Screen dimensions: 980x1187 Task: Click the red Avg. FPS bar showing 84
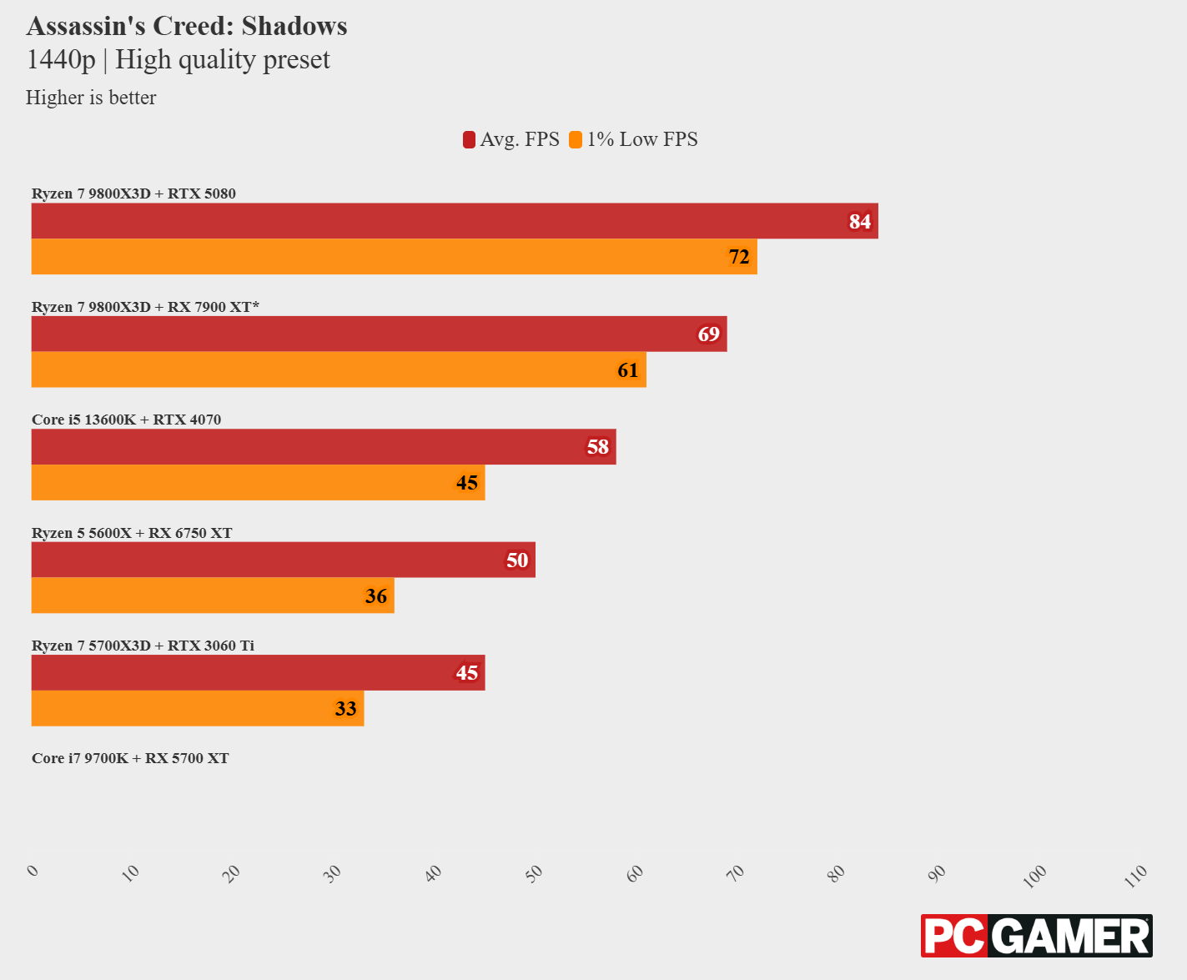(455, 221)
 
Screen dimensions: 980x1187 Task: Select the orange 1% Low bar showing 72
(394, 257)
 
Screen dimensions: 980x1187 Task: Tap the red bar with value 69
(379, 334)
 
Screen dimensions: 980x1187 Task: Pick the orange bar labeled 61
(339, 369)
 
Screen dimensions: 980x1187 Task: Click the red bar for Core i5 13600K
(324, 447)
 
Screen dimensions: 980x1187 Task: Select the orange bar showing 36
(213, 596)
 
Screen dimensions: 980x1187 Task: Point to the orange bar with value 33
(198, 708)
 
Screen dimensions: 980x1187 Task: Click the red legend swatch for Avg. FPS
(470, 139)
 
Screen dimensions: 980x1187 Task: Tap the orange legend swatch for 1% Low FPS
(576, 139)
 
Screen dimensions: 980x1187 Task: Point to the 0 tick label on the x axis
(33, 871)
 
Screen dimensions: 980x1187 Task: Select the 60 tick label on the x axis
(636, 873)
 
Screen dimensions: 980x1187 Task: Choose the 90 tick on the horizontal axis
(938, 873)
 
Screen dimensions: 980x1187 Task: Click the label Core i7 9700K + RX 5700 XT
(130, 758)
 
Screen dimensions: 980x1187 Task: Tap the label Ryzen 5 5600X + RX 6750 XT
(132, 533)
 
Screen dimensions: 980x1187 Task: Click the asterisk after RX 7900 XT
(256, 305)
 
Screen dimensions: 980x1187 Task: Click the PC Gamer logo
(1036, 936)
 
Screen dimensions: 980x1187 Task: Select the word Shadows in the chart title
(294, 27)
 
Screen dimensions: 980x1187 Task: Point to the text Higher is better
(91, 98)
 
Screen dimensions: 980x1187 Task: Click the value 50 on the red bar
(517, 560)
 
